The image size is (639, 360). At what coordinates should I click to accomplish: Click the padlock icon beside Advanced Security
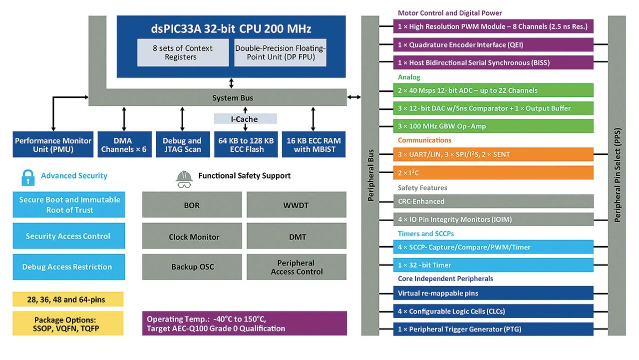(x=27, y=177)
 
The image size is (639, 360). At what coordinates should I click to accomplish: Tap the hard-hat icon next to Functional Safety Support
(x=184, y=179)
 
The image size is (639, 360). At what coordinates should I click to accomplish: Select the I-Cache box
(x=245, y=119)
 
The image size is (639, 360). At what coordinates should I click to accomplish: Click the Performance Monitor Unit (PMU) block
(x=53, y=145)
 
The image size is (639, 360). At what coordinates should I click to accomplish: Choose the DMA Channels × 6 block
(x=124, y=145)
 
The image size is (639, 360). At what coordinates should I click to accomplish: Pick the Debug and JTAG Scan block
(x=182, y=145)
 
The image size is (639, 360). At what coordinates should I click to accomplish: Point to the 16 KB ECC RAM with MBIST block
(x=313, y=145)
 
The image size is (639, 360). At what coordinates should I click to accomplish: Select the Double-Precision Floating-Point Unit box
(x=280, y=52)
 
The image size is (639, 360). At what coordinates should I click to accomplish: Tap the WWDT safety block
(x=297, y=205)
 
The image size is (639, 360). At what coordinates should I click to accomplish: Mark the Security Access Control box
(x=68, y=236)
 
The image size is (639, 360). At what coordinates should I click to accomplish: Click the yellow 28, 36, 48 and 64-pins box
(x=68, y=300)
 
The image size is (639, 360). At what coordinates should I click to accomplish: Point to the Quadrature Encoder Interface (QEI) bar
(x=493, y=44)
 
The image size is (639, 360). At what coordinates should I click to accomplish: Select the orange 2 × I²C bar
(x=493, y=172)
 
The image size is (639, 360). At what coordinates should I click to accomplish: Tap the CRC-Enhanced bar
(x=493, y=201)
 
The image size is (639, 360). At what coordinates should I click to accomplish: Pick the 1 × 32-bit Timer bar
(x=493, y=265)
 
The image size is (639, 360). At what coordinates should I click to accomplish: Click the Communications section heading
(x=424, y=140)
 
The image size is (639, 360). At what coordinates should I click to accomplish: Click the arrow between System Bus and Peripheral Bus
(x=354, y=97)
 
